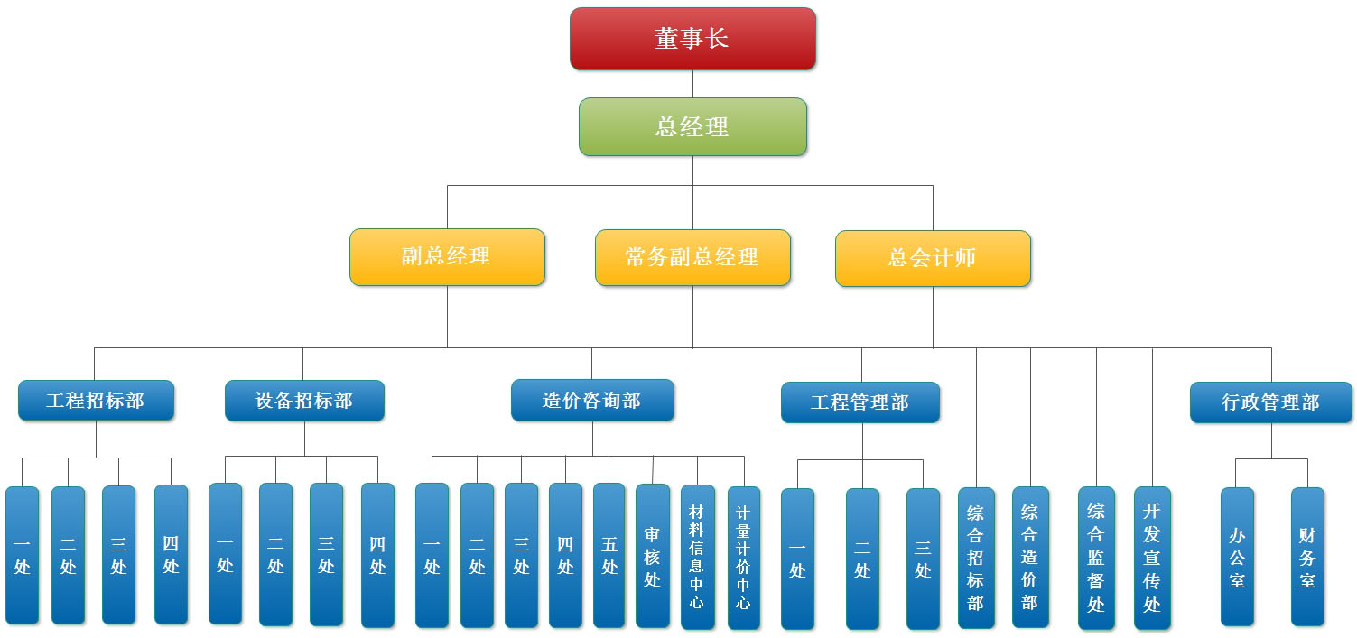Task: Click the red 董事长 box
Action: tap(692, 39)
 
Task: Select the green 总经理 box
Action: tap(692, 126)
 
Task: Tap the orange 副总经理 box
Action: tap(447, 257)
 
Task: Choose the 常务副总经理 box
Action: tap(692, 257)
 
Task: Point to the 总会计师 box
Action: tap(933, 258)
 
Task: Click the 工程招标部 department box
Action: tap(96, 400)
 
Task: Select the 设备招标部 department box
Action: tap(304, 400)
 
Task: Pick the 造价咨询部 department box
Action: tap(592, 400)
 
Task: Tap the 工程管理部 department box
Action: tap(860, 402)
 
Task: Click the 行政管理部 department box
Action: tap(1270, 402)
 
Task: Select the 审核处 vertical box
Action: tap(652, 556)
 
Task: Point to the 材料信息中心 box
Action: tap(696, 556)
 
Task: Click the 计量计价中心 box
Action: tap(743, 556)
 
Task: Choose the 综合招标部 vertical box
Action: tap(976, 558)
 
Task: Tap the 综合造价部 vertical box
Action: tap(1029, 558)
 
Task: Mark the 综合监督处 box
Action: tap(1096, 558)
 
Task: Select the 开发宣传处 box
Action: tap(1152, 558)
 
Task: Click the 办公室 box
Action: tap(1237, 557)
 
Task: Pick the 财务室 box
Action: tap(1307, 557)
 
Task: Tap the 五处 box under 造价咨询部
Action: tap(609, 556)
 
